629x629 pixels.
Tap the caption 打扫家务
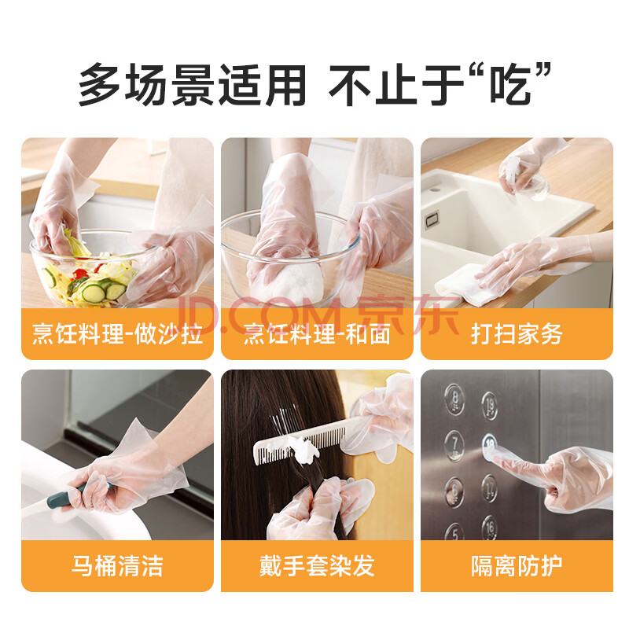[517, 333]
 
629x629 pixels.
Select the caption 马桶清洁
[117, 565]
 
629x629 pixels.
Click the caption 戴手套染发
[317, 565]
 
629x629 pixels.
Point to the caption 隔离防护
[517, 565]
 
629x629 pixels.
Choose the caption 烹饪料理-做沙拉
[117, 333]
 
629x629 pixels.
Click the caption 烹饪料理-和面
[317, 333]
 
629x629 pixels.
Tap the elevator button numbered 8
[454, 399]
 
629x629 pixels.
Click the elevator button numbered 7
[454, 446]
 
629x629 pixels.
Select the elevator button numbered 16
[489, 528]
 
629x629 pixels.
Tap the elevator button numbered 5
[454, 532]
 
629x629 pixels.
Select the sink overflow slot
[432, 219]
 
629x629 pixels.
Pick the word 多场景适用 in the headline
[192, 85]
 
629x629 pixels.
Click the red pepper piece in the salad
[80, 274]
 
